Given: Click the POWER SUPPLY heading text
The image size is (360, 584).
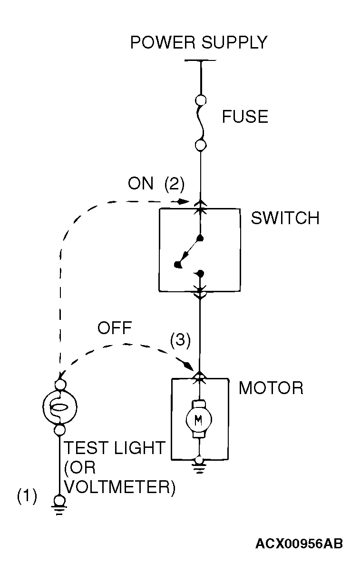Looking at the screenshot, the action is pos(199,42).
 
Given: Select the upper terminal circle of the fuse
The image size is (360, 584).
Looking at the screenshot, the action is pos(201,100).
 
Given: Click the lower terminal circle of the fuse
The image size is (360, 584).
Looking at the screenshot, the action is pos(201,145).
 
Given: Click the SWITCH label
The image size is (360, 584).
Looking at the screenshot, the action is pos(285,218).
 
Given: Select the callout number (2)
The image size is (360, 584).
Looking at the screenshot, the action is pos(174,184).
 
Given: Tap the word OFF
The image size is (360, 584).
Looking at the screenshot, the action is pos(115,328).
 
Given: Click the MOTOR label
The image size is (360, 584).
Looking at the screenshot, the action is pos(271,388).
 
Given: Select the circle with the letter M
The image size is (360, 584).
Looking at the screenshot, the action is pos(199,419).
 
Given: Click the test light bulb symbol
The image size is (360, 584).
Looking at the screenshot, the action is pos(60,407).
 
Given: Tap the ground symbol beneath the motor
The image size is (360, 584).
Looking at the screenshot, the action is pos(199,467).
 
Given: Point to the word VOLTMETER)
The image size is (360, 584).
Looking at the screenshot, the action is pos(119,486).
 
